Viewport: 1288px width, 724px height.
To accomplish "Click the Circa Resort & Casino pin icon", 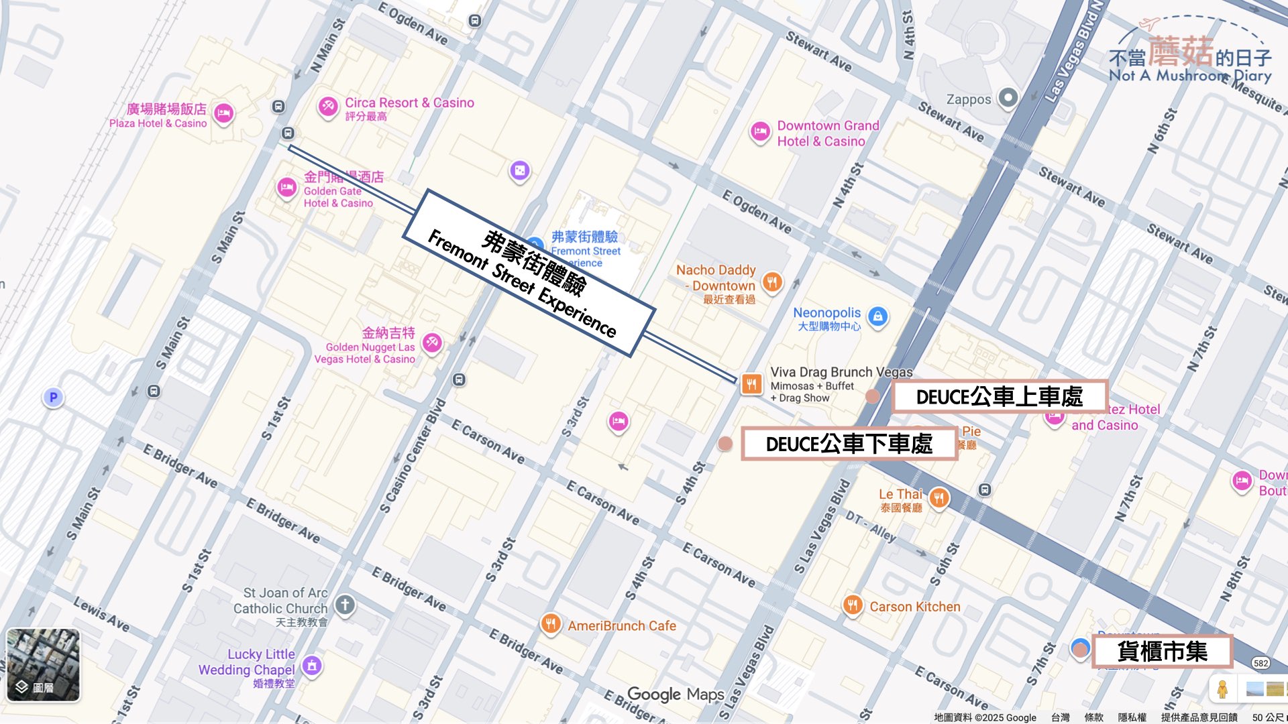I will coord(327,105).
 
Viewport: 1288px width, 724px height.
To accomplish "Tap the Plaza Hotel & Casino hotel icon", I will coord(223,113).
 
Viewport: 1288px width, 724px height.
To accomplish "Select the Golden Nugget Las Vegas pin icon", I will coord(432,343).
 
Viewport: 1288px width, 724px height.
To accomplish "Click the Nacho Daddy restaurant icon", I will coord(772,282).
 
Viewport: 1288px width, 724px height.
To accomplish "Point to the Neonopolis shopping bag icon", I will coord(877,316).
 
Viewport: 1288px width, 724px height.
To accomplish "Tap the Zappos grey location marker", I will coord(1008,98).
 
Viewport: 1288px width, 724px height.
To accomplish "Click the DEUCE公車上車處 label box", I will coord(999,397).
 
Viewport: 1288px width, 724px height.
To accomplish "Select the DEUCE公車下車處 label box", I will coord(849,444).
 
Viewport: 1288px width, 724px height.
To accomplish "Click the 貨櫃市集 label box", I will coord(1162,651).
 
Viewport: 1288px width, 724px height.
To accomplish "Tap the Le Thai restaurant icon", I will coord(938,497).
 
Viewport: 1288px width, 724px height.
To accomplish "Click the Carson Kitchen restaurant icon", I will coord(852,605).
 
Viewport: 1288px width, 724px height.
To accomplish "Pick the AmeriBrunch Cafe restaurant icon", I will coord(550,624).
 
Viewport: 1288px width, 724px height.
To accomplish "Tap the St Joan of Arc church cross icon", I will coord(345,605).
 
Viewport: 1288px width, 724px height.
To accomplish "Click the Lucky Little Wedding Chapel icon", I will coord(311,665).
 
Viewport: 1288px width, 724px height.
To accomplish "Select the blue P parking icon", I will coord(54,398).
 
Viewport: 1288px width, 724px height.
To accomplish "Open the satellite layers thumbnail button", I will coord(44,664).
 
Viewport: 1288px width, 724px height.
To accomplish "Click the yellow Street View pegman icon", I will coord(1222,688).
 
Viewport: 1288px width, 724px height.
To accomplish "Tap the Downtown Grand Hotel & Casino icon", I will coord(759,131).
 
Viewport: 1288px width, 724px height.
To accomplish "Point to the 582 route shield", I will coord(1260,663).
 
